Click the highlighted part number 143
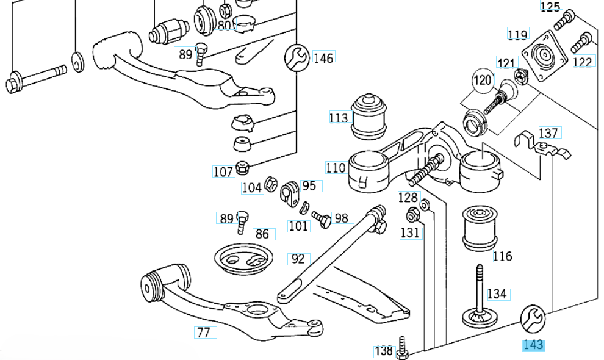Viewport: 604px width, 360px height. (533, 345)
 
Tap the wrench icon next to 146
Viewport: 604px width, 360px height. (297, 57)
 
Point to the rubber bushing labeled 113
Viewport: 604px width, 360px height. (368, 114)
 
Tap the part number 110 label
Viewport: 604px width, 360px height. (336, 167)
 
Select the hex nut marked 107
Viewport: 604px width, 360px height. (242, 166)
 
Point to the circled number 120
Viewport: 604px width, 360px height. (482, 80)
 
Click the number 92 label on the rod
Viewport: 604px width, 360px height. (298, 259)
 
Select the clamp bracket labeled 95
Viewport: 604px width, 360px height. (288, 193)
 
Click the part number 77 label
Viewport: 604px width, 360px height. (203, 333)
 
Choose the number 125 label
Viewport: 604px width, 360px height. (550, 7)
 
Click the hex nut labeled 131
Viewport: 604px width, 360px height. (412, 215)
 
